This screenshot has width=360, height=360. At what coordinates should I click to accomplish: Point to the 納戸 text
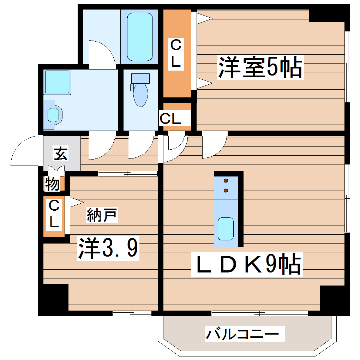click(102, 215)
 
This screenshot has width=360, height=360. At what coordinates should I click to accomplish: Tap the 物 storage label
click(52, 184)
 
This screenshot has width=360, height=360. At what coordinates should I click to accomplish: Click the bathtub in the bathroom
click(140, 37)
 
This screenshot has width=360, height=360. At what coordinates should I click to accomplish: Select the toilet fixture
click(140, 90)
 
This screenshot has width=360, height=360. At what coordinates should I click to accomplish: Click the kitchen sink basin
click(225, 229)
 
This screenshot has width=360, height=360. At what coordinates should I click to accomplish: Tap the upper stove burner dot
click(226, 181)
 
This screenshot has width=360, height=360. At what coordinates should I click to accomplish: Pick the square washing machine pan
click(57, 82)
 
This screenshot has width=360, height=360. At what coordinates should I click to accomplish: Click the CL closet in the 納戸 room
click(54, 216)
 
